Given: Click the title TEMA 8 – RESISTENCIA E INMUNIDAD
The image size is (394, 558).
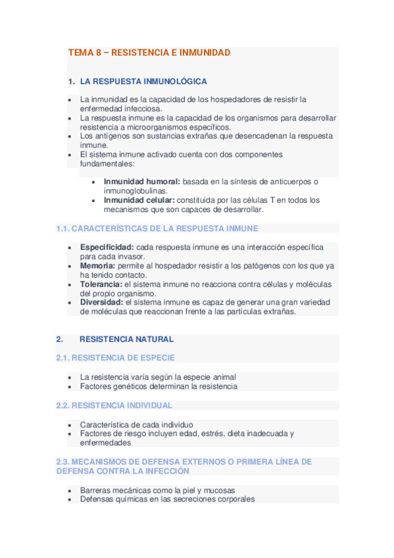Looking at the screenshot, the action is tap(149, 53).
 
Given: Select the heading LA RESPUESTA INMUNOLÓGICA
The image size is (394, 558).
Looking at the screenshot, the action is tap(143, 82).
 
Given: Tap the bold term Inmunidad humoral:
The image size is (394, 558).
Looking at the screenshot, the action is tap(142, 182).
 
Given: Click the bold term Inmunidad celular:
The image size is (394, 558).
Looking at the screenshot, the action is tap(138, 200).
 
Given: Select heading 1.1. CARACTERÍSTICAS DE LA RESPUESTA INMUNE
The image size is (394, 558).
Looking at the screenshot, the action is tap(157, 228).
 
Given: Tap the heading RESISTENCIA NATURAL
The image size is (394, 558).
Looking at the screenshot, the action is tap(126, 340).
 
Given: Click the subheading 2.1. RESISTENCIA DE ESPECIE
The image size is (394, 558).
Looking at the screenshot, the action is tap(124, 358).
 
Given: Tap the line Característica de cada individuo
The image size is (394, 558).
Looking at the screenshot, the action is tap(137, 424).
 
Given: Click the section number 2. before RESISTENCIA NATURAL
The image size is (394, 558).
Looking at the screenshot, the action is tap(59, 340).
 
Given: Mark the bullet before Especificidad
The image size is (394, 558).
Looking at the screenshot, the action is tap(70, 247).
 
